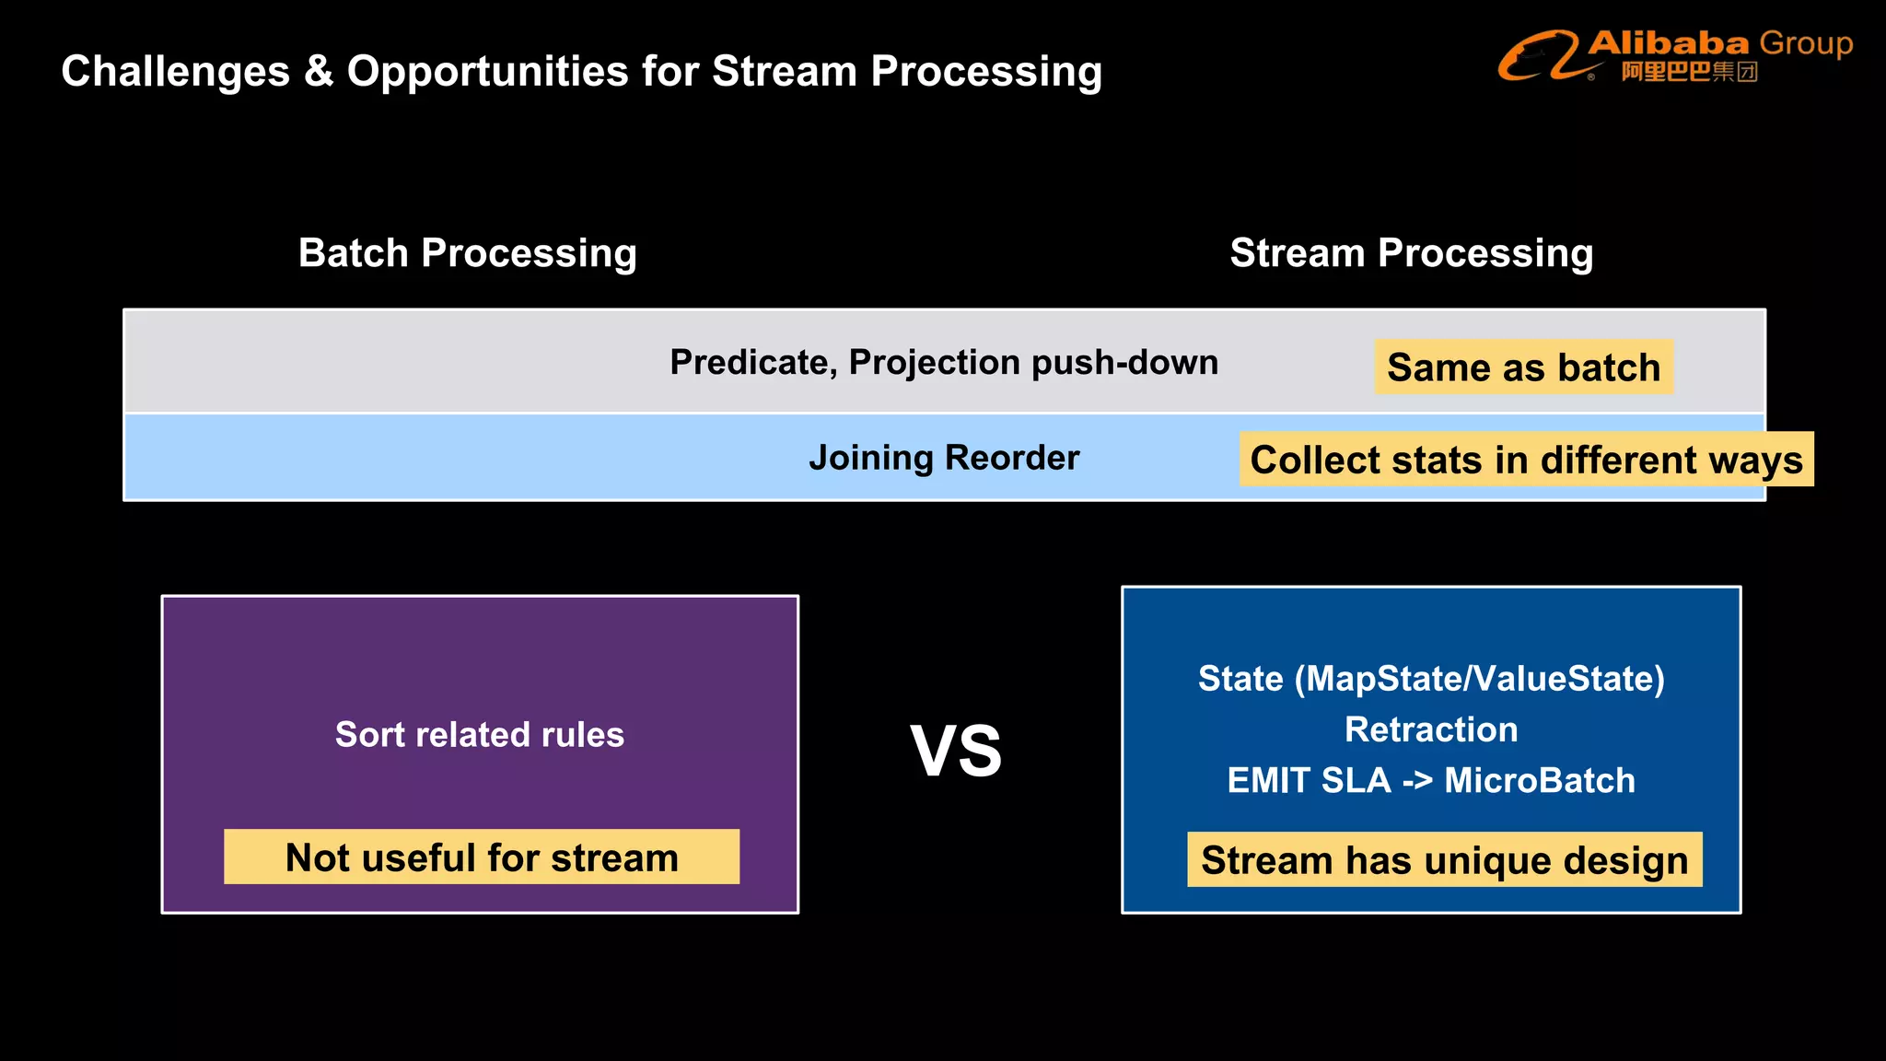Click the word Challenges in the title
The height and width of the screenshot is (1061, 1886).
click(x=175, y=72)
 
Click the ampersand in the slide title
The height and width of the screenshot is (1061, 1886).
click(x=319, y=72)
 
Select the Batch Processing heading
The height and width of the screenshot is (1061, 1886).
click(x=467, y=253)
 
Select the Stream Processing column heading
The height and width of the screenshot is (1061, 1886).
click(x=1411, y=253)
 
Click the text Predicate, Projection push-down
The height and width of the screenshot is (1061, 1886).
click(x=943, y=362)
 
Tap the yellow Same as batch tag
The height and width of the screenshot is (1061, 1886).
click(x=1523, y=367)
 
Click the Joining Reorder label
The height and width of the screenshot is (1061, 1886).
click(x=943, y=458)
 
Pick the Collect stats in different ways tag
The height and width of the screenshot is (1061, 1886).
click(x=1526, y=460)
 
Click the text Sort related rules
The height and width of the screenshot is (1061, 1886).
click(x=479, y=735)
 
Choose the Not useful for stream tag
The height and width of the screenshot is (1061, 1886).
click(x=481, y=857)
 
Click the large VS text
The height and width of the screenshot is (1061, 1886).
click(x=956, y=752)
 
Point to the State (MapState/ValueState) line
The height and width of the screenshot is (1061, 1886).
click(x=1430, y=679)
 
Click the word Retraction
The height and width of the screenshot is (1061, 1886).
click(x=1430, y=729)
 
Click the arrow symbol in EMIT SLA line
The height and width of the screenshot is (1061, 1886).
click(x=1417, y=781)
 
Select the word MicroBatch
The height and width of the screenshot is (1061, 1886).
click(x=1539, y=781)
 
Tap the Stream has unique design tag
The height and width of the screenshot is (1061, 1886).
click(x=1444, y=860)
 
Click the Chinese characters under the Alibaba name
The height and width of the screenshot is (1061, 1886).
click(x=1689, y=72)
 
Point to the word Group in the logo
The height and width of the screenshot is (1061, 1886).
click(x=1806, y=43)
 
